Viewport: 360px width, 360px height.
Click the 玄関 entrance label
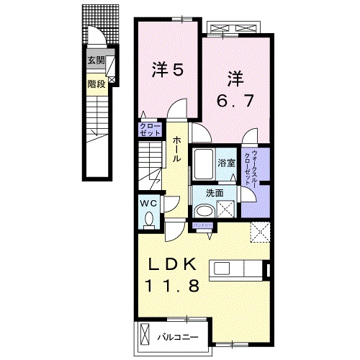coord(96,60)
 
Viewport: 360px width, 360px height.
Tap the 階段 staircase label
coord(96,84)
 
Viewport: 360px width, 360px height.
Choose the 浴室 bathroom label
coord(228,163)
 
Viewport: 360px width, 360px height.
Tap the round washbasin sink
coord(204,210)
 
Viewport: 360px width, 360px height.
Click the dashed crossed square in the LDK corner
coord(258,232)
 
